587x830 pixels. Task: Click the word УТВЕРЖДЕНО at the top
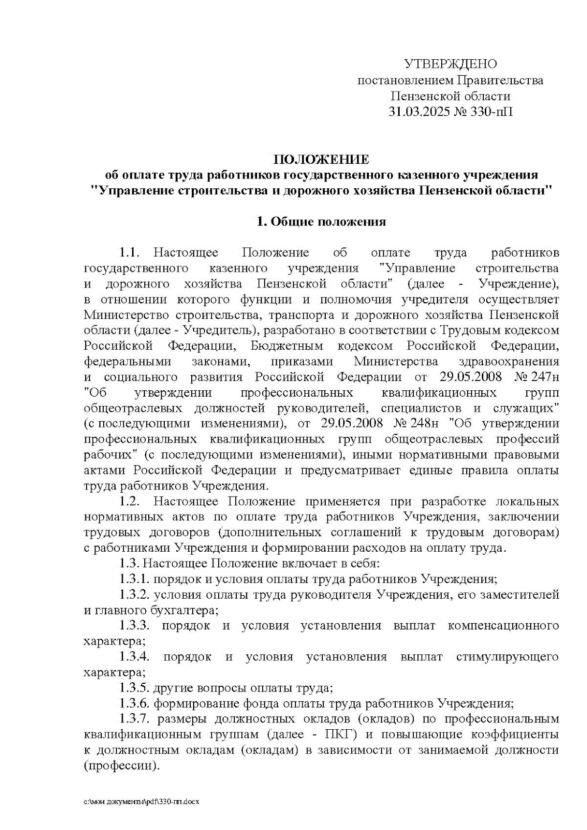(450, 64)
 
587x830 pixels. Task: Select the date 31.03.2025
(419, 112)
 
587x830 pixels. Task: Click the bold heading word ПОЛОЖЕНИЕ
(321, 160)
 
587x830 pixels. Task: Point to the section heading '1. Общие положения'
(321, 222)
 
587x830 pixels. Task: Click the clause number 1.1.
(130, 253)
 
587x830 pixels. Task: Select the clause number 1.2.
(130, 501)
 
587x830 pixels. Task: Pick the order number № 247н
(537, 377)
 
